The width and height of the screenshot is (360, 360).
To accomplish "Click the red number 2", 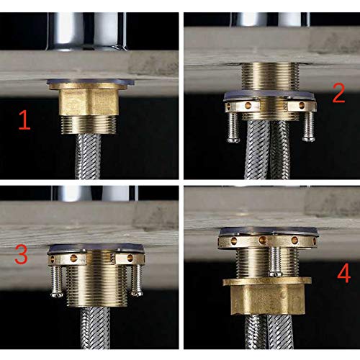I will [337, 92].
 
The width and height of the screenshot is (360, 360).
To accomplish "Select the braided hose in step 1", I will [91, 155].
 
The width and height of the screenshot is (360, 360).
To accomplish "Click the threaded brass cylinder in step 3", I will [91, 284].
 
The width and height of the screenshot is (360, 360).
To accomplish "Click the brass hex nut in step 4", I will [268, 295].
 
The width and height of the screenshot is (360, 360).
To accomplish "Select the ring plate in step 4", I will [267, 240].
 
